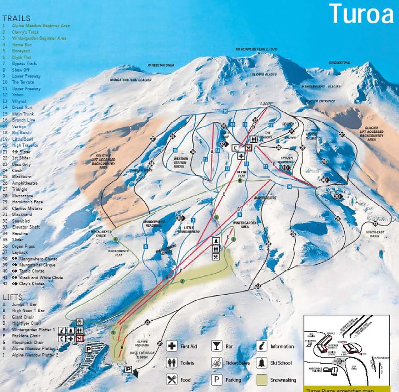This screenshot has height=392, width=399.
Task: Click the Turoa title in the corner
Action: tap(361, 14)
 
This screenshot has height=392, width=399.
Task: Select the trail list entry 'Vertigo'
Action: tap(20, 126)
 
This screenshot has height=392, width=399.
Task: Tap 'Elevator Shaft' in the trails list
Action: tap(26, 227)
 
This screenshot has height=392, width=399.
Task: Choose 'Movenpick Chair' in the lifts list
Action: tap(28, 342)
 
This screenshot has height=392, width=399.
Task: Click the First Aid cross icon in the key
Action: tap(172, 347)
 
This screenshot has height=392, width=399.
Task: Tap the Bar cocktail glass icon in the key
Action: tap(217, 347)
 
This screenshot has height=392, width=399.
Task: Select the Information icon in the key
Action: tap(262, 347)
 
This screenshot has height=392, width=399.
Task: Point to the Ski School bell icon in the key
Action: tap(262, 363)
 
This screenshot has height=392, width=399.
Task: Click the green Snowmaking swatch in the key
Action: tap(262, 380)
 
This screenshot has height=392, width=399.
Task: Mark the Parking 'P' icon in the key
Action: tap(217, 380)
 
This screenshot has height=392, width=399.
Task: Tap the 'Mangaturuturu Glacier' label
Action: tap(130, 80)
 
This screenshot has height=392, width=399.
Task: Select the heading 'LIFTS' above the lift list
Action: tap(12, 297)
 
